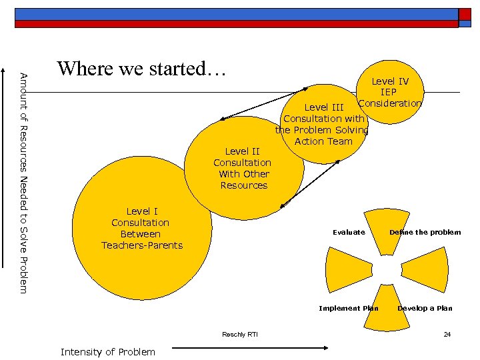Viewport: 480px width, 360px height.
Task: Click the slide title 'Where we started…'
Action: (x=142, y=69)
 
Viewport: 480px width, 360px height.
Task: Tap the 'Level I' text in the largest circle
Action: (x=140, y=211)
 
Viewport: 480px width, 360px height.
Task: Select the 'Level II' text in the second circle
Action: (x=242, y=151)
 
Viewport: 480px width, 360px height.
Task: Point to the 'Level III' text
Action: (x=324, y=107)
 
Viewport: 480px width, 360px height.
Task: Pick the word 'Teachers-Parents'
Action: (x=141, y=245)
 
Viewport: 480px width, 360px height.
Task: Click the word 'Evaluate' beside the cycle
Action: (x=349, y=232)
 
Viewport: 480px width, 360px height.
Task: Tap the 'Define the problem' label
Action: (x=425, y=232)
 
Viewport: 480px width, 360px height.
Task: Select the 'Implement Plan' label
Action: (x=348, y=308)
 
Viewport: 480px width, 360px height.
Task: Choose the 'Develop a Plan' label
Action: (x=425, y=308)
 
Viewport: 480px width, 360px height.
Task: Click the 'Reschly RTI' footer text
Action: (x=240, y=334)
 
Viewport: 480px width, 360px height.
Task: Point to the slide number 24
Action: (x=447, y=334)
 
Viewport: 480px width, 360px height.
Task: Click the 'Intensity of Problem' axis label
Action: (x=107, y=351)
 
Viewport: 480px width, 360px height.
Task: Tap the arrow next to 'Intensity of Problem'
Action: (x=250, y=347)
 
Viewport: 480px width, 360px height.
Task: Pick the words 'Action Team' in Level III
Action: (x=323, y=141)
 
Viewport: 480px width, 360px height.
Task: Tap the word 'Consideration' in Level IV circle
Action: (x=390, y=103)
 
